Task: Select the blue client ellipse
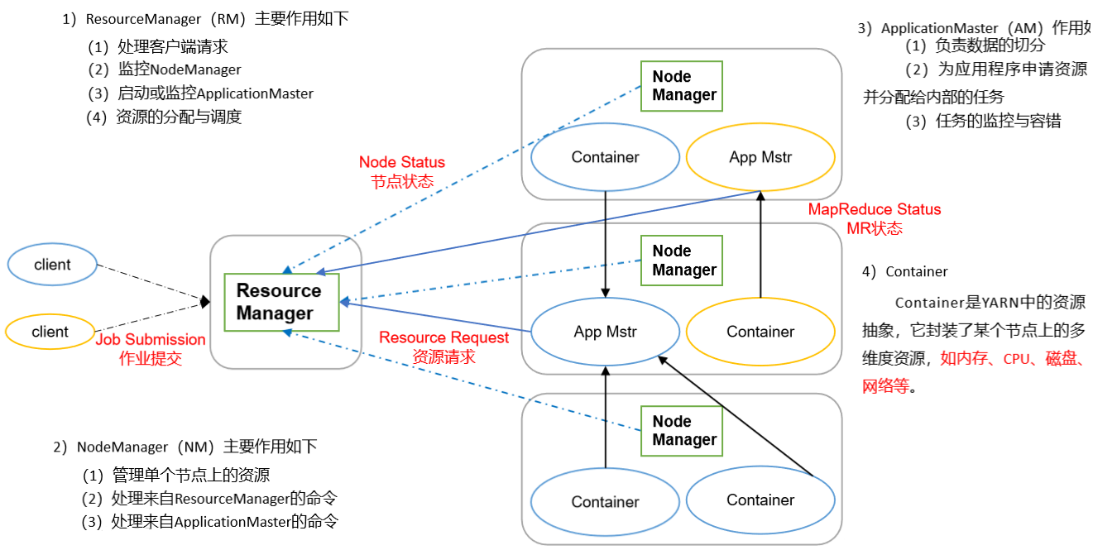(52, 265)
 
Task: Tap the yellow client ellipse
(50, 332)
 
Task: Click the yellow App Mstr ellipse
(760, 157)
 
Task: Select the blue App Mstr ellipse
(606, 332)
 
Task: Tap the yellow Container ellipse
(760, 332)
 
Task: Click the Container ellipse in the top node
(606, 157)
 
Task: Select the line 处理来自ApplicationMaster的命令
(210, 522)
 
